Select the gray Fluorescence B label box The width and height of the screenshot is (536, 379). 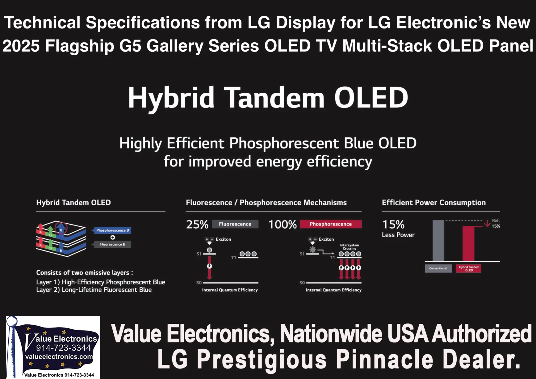tap(113, 244)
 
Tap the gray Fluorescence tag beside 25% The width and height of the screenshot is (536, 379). tap(235, 224)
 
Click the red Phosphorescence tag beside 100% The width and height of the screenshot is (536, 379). tap(331, 224)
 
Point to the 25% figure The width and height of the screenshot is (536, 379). tap(197, 224)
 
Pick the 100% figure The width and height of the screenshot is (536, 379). tap(283, 224)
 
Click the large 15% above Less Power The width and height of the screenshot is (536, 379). tap(393, 224)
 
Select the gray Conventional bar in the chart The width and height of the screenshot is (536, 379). tap(438, 241)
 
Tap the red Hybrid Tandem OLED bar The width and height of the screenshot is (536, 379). tap(468, 243)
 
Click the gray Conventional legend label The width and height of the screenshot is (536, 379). tap(438, 268)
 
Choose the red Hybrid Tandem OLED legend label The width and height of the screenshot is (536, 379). tap(468, 268)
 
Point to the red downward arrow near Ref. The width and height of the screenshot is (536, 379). tap(487, 224)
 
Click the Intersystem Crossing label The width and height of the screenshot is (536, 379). tap(350, 247)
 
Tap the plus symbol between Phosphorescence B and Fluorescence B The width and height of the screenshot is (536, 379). tap(113, 237)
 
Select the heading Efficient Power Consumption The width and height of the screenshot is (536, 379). tap(434, 203)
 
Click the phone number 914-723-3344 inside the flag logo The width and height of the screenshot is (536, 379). tap(63, 348)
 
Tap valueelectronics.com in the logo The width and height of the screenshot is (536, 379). tap(59, 357)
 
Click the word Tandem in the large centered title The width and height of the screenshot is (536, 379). tap(274, 97)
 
